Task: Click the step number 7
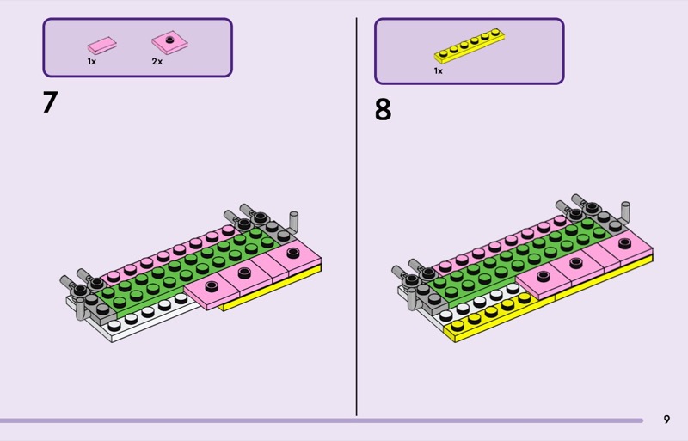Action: [x=50, y=102]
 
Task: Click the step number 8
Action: [x=383, y=111]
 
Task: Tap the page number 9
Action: [x=666, y=420]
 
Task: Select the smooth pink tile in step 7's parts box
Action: [x=101, y=45]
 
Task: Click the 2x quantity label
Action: [x=157, y=62]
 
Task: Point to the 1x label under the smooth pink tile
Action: [x=91, y=62]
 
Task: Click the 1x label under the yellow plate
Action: [x=439, y=71]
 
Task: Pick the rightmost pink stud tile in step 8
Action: [x=623, y=246]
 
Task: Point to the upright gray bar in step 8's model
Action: [x=626, y=215]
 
